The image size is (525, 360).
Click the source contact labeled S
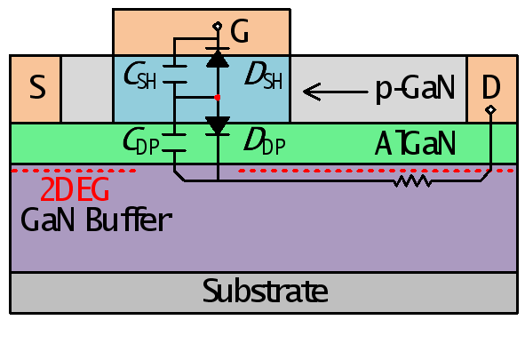(36, 89)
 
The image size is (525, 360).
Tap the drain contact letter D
(491, 87)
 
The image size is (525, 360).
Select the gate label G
(239, 31)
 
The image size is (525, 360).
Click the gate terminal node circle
(218, 26)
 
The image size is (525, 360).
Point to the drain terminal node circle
(490, 109)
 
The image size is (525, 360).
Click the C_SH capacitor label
(140, 75)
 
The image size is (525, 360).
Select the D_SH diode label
(264, 76)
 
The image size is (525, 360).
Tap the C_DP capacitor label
(140, 141)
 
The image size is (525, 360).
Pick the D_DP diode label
(265, 141)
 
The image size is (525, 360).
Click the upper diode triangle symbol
(218, 59)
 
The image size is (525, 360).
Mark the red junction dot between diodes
(218, 98)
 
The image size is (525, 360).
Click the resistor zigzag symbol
(412, 180)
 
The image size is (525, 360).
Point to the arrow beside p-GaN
(335, 92)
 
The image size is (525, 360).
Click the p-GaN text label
(415, 88)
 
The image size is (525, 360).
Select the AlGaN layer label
(415, 143)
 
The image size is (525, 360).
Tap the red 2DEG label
(75, 189)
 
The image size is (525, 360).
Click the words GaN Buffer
(97, 220)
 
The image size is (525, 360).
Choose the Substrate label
(266, 291)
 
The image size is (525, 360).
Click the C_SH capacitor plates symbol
(174, 74)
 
